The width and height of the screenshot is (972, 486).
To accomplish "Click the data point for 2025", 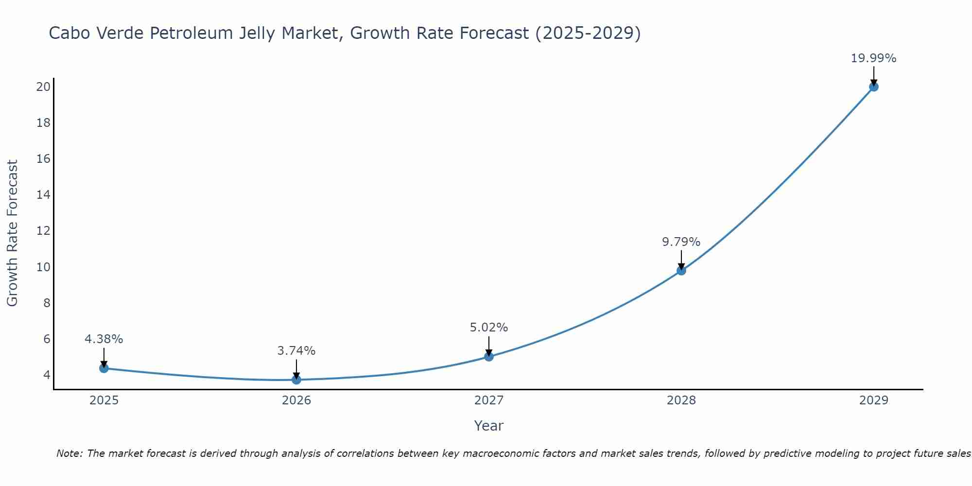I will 104,368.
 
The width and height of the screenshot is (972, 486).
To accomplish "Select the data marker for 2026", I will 296,380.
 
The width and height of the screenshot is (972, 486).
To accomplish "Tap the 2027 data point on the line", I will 489,356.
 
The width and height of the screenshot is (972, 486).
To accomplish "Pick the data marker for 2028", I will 681,270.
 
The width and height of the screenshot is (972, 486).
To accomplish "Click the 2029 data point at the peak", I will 873,87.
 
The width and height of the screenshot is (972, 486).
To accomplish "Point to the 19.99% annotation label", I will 873,58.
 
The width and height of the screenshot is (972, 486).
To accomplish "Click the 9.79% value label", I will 681,242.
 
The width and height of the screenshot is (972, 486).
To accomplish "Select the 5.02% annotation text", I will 488,328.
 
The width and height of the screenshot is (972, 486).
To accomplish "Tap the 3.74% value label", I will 296,350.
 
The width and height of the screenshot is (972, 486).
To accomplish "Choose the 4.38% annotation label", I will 104,339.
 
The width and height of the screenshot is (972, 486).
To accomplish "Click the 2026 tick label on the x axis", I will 296,400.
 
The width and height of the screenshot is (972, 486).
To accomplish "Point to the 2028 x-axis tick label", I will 681,400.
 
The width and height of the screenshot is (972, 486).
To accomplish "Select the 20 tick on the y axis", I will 43,87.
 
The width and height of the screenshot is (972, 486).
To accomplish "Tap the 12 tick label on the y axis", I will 43,231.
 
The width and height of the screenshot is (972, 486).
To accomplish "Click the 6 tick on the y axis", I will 47,339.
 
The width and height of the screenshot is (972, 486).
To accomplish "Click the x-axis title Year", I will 488,426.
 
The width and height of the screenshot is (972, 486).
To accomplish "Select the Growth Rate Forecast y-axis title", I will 12,233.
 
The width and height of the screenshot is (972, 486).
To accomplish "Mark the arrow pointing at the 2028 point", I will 681,260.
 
